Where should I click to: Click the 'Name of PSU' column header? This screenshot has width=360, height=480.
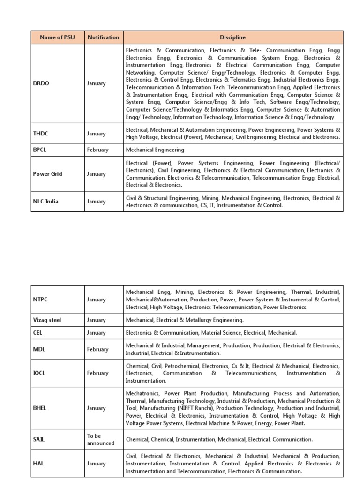click(58, 37)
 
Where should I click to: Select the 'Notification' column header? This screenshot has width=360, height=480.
click(104, 37)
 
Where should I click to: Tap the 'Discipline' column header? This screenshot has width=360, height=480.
click(233, 37)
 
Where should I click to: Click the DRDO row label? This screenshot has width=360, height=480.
click(41, 83)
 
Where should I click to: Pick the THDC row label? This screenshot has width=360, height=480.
click(41, 134)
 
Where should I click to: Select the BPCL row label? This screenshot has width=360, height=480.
click(41, 150)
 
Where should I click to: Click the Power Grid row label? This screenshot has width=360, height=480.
click(47, 174)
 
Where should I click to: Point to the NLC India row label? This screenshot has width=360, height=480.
click(46, 202)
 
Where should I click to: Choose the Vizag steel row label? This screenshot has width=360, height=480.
click(48, 320)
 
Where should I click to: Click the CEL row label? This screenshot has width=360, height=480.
click(38, 333)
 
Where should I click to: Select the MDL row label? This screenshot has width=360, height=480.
click(39, 349)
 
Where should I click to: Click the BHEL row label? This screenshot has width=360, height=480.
click(41, 408)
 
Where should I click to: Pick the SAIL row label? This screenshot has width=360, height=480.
click(39, 440)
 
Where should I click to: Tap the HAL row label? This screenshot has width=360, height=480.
click(39, 464)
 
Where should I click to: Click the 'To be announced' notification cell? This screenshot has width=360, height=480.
click(100, 440)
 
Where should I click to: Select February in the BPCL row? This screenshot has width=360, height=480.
click(97, 150)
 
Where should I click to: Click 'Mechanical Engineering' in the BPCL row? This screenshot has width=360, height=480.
click(155, 150)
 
